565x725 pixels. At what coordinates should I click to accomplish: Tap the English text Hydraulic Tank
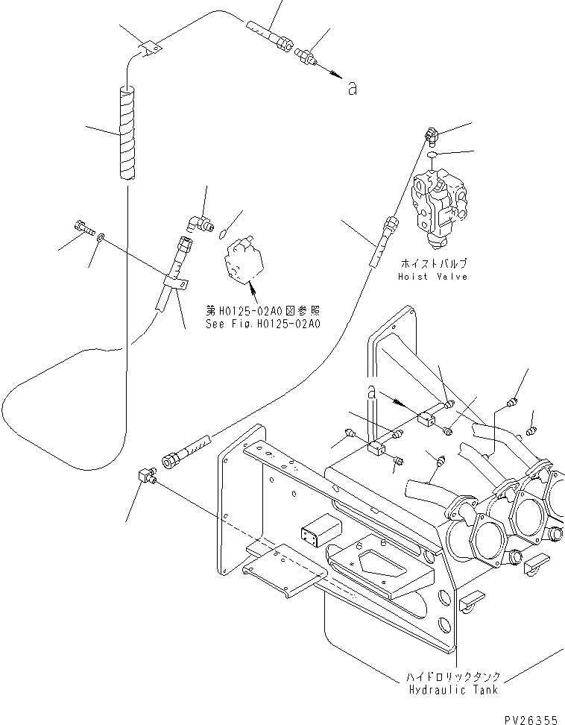pos(453,690)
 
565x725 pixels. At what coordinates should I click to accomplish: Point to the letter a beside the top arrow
pos(352,89)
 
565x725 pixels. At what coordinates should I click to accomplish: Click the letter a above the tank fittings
pos(370,392)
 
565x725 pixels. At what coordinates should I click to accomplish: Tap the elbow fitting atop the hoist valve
pos(433,135)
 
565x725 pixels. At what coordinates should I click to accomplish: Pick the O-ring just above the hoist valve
pos(434,156)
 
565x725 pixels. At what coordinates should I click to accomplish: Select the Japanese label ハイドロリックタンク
pos(453,677)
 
